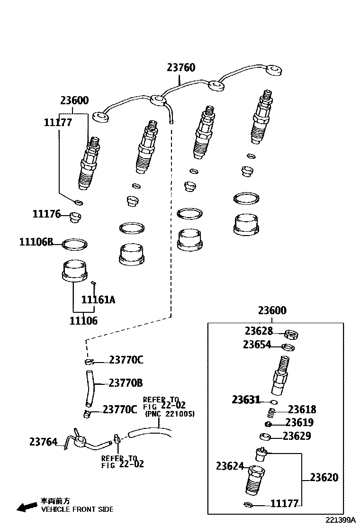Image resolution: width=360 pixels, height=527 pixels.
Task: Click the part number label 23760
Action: (x=180, y=68)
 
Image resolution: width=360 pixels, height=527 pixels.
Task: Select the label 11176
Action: (x=46, y=214)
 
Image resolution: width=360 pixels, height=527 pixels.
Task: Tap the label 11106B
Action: (x=36, y=242)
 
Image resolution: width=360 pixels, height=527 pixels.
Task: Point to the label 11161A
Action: (x=98, y=300)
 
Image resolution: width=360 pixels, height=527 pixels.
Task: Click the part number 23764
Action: (x=43, y=442)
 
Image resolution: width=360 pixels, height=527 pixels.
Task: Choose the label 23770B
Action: (x=126, y=383)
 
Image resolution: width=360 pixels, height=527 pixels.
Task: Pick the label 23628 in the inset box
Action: (x=259, y=331)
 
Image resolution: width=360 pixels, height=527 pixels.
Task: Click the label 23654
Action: (x=257, y=345)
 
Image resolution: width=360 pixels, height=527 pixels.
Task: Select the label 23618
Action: (x=302, y=409)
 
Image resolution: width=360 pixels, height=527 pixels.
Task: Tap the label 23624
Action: (x=230, y=466)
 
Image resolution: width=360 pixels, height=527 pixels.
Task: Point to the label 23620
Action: (x=324, y=477)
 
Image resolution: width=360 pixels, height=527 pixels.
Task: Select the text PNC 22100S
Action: (x=170, y=414)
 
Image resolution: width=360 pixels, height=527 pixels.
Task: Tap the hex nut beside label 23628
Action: (x=291, y=335)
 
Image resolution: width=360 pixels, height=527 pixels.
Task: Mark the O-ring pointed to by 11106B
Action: (x=75, y=245)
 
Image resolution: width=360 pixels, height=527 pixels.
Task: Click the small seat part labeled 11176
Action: (x=75, y=218)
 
